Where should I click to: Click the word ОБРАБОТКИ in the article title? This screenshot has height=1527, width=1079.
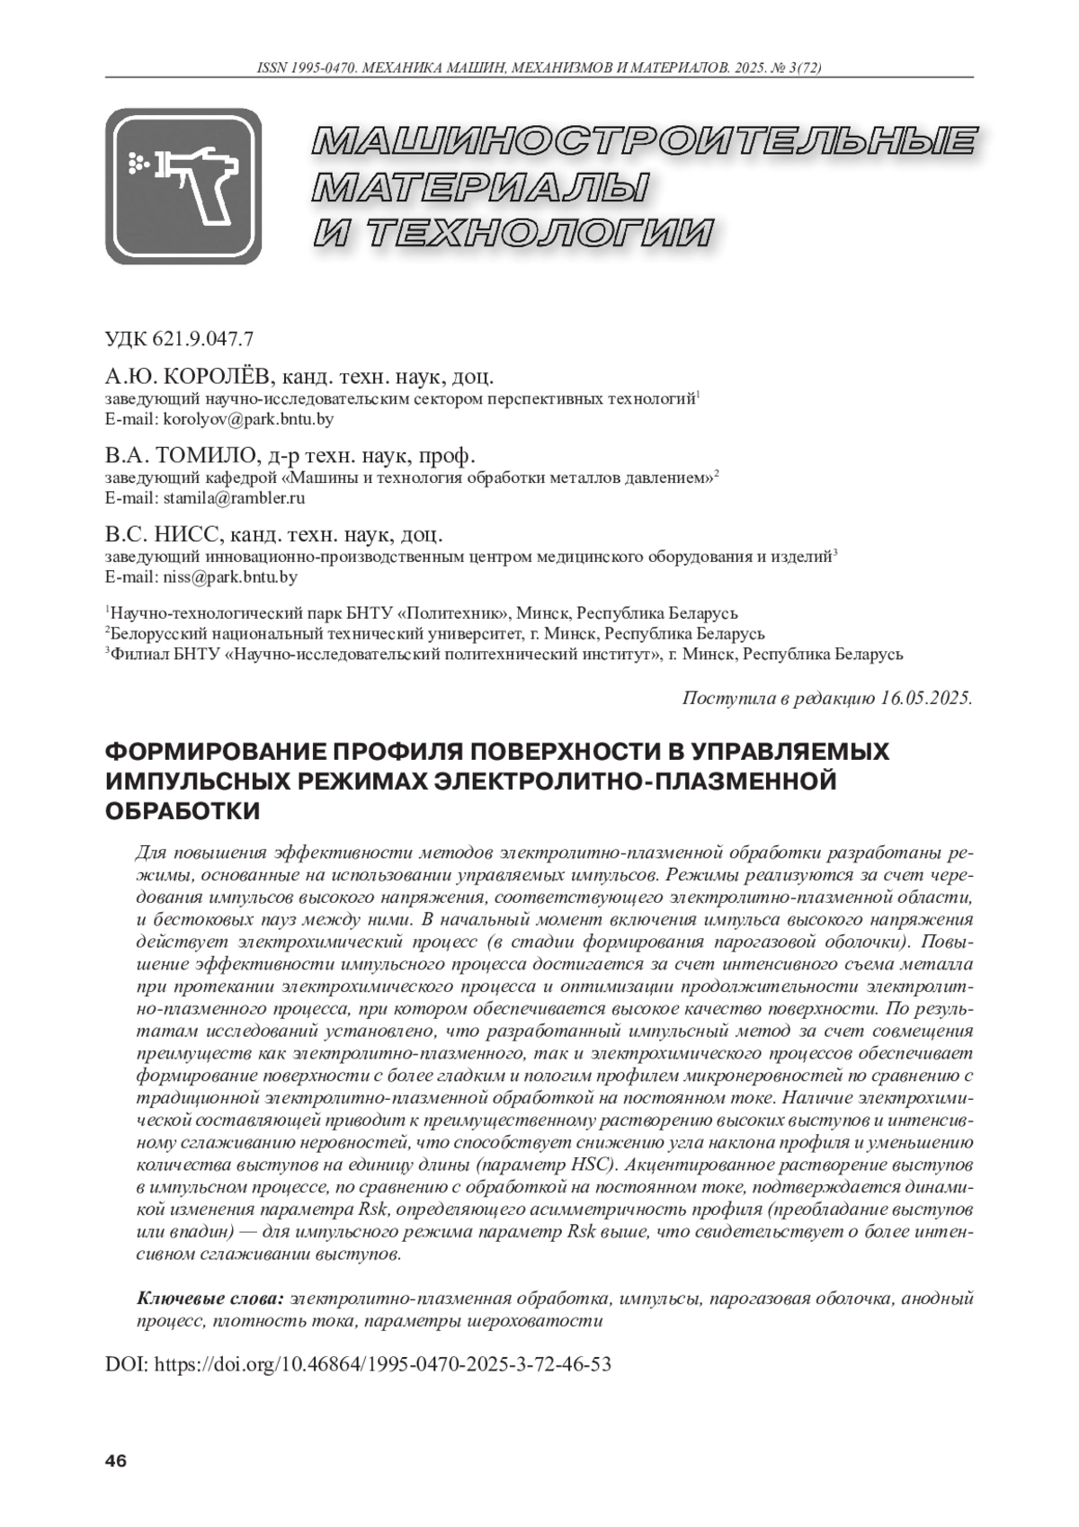pos(183,811)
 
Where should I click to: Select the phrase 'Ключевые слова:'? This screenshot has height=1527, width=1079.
pos(210,1299)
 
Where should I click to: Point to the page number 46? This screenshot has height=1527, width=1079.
pos(116,1460)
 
